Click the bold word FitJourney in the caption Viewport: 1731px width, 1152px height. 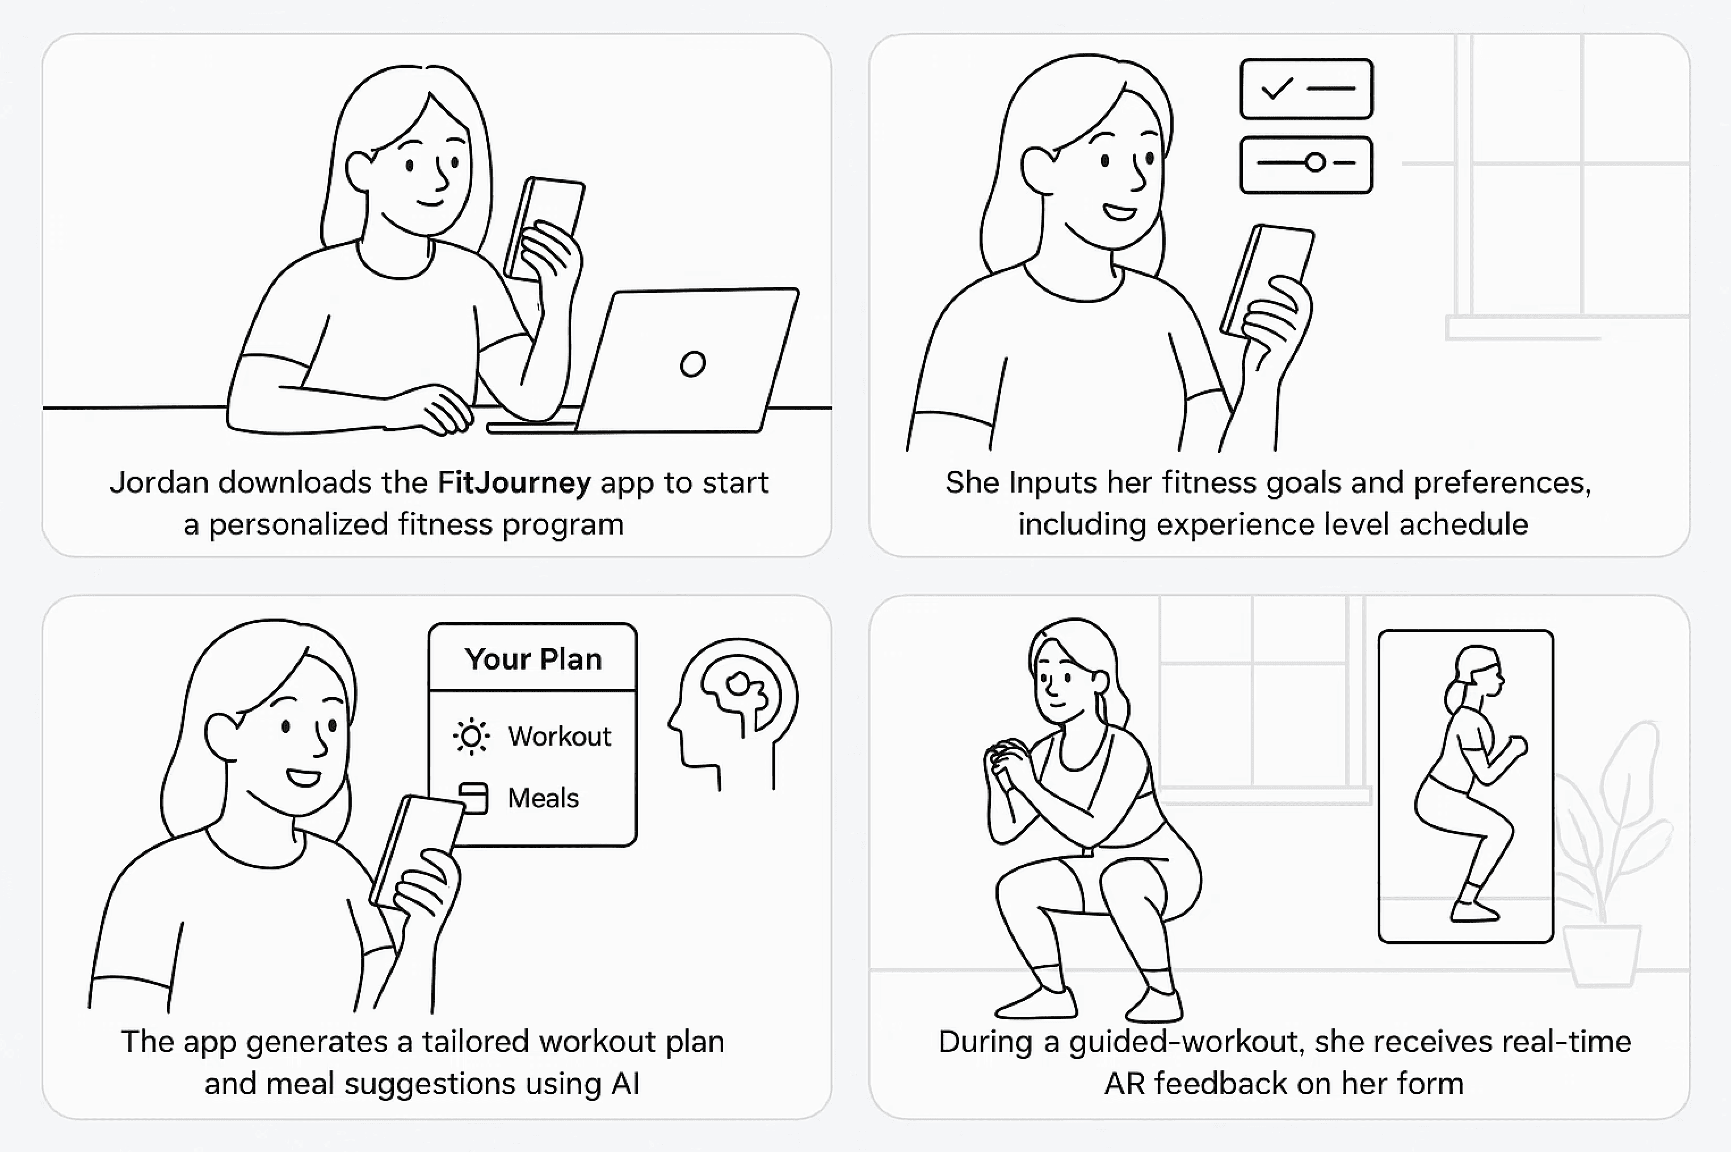pos(514,483)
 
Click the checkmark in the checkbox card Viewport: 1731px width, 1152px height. pos(1276,89)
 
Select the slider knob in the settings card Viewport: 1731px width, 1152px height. pos(1315,162)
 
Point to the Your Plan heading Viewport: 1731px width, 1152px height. pos(533,659)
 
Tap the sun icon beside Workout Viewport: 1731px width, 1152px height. pos(471,736)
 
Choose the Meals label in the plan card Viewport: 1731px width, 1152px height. pos(543,798)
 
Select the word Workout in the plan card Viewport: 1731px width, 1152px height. pos(559,736)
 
